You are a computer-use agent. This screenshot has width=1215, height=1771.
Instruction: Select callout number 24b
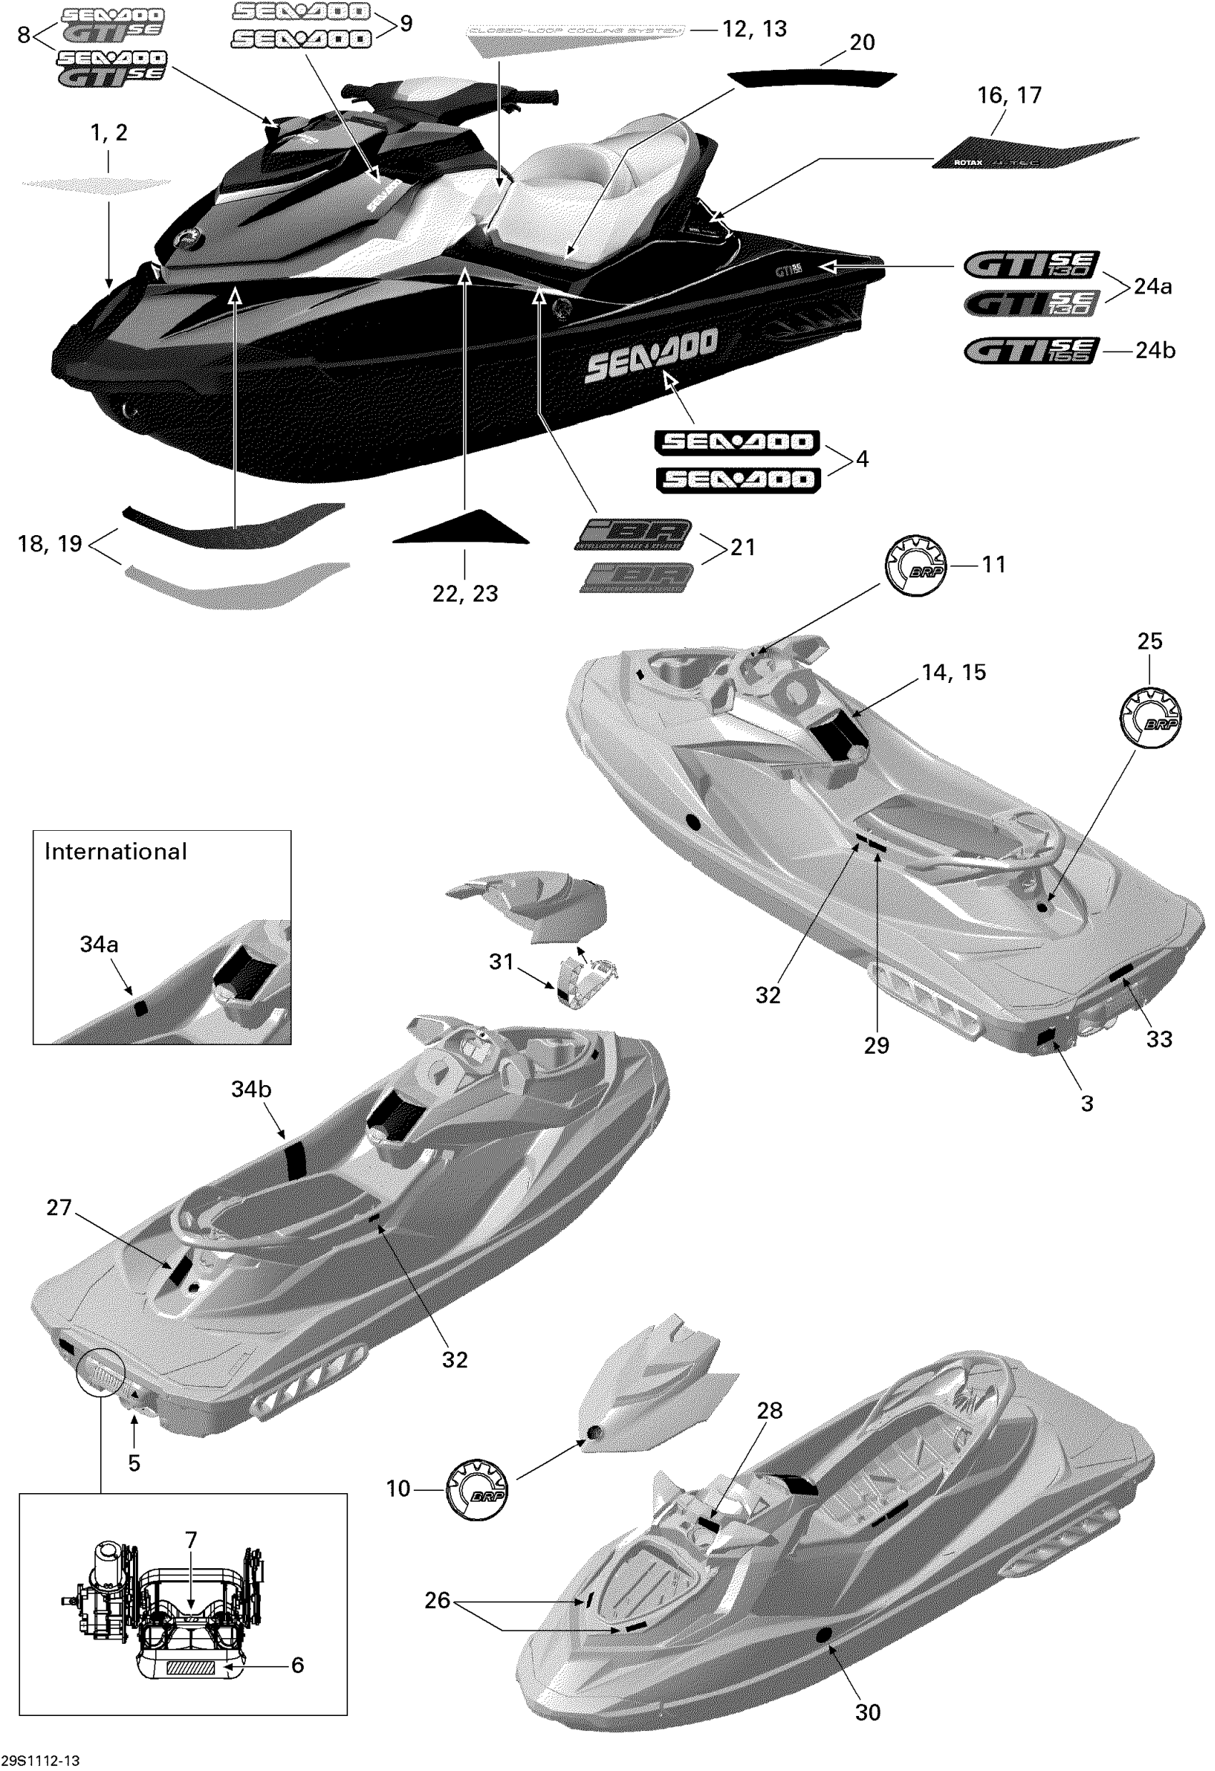coord(1155,350)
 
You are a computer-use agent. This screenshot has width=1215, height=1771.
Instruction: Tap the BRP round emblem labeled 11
coord(916,565)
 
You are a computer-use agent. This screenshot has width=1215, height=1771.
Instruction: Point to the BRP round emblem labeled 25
coord(1150,717)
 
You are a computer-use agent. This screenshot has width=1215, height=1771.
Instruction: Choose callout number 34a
coord(99,944)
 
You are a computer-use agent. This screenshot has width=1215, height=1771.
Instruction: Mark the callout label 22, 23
coord(465,594)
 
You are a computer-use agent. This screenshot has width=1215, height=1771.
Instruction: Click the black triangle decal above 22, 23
coord(462,529)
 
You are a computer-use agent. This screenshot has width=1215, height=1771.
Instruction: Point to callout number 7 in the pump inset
coord(191,1540)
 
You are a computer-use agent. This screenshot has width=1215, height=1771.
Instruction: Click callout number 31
coord(501,962)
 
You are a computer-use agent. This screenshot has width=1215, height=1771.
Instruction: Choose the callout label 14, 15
coord(953,672)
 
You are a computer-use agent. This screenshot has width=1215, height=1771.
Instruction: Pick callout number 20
coord(862,43)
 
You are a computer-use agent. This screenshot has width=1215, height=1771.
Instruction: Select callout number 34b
coord(251,1089)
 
